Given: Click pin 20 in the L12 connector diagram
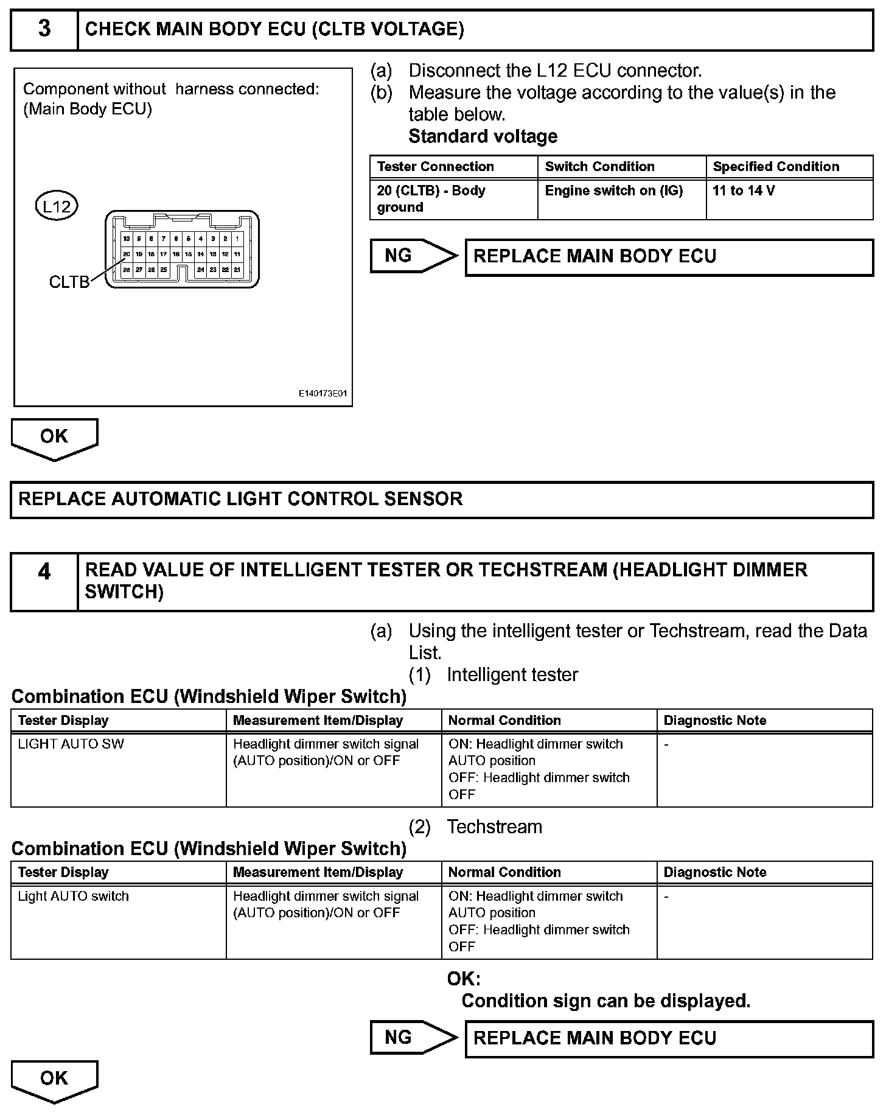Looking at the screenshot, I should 127,254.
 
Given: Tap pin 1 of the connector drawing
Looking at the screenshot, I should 237,239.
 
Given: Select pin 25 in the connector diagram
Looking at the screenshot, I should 164,269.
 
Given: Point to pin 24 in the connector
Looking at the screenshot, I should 201,269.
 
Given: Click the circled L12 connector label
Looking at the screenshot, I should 57,206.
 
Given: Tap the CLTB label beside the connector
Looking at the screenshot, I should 69,282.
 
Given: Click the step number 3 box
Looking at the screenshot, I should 44,29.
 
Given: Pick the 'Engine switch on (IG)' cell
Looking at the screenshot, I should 613,191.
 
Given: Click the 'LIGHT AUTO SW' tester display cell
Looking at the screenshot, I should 71,744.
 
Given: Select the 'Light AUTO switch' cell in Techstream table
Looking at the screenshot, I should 73,897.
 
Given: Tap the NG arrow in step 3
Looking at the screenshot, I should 413,256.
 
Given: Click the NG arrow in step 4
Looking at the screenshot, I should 413,1038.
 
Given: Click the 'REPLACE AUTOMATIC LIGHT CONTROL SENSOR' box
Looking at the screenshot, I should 442,500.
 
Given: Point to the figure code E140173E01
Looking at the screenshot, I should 323,394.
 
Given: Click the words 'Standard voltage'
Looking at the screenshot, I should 483,136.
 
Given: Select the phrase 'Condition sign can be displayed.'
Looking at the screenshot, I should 605,1001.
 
